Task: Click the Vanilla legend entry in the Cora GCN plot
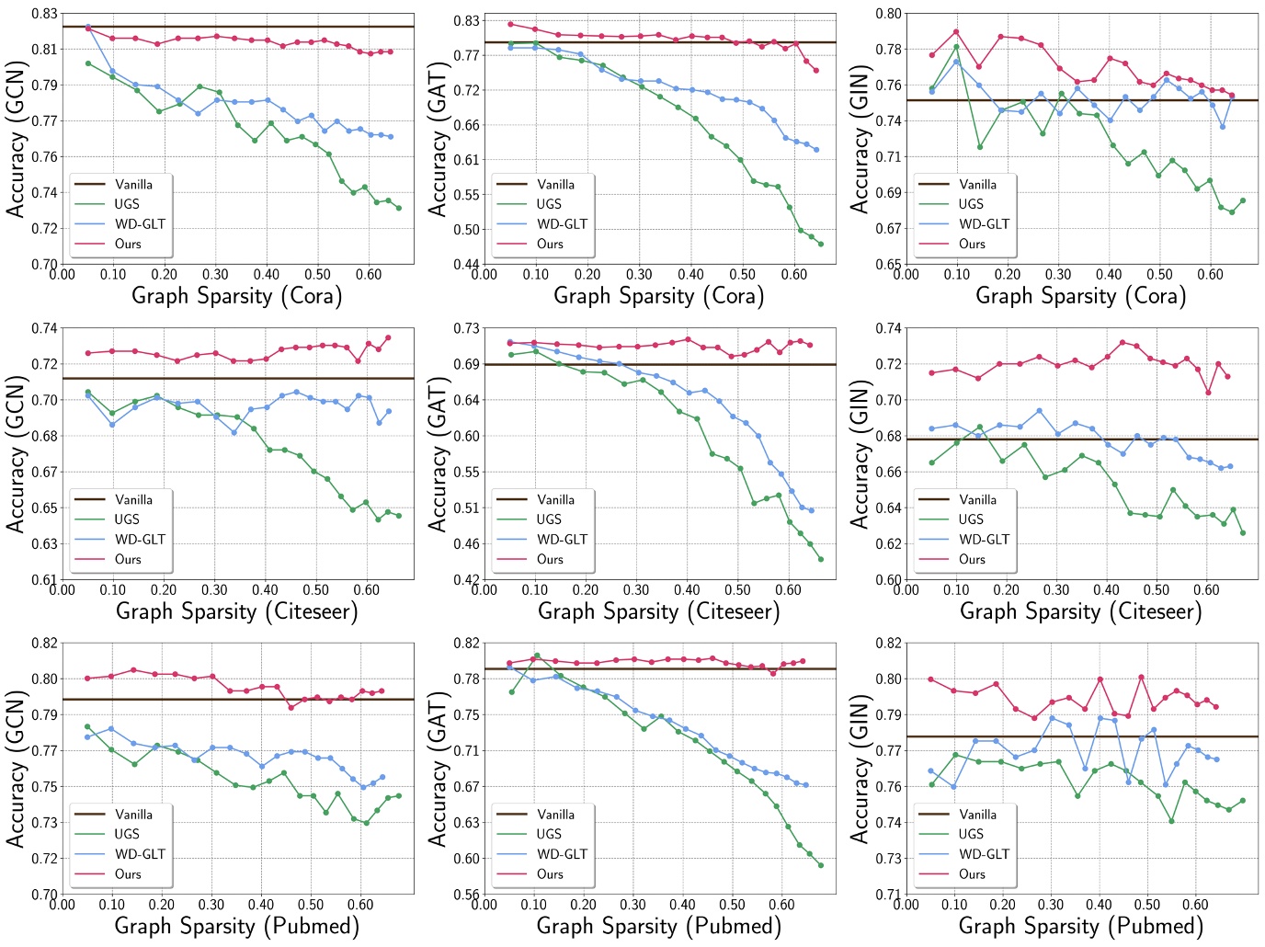click(133, 185)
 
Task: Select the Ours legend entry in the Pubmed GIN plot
click(972, 874)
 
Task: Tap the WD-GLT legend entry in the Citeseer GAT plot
click(562, 540)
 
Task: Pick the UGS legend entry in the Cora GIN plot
click(971, 204)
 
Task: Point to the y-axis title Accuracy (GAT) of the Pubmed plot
click(438, 770)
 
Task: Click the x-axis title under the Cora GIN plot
click(1080, 296)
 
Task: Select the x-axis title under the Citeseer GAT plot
click(658, 611)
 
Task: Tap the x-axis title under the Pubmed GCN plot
click(236, 927)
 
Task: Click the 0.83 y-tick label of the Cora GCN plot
click(45, 14)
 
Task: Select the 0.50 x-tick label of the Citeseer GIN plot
click(1157, 590)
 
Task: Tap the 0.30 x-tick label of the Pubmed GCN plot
click(211, 905)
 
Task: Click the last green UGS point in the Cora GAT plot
click(820, 245)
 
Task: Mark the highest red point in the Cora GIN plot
click(956, 32)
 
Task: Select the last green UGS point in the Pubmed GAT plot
click(820, 865)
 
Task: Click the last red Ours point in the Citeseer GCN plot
click(388, 337)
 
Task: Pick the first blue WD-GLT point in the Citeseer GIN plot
click(932, 428)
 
